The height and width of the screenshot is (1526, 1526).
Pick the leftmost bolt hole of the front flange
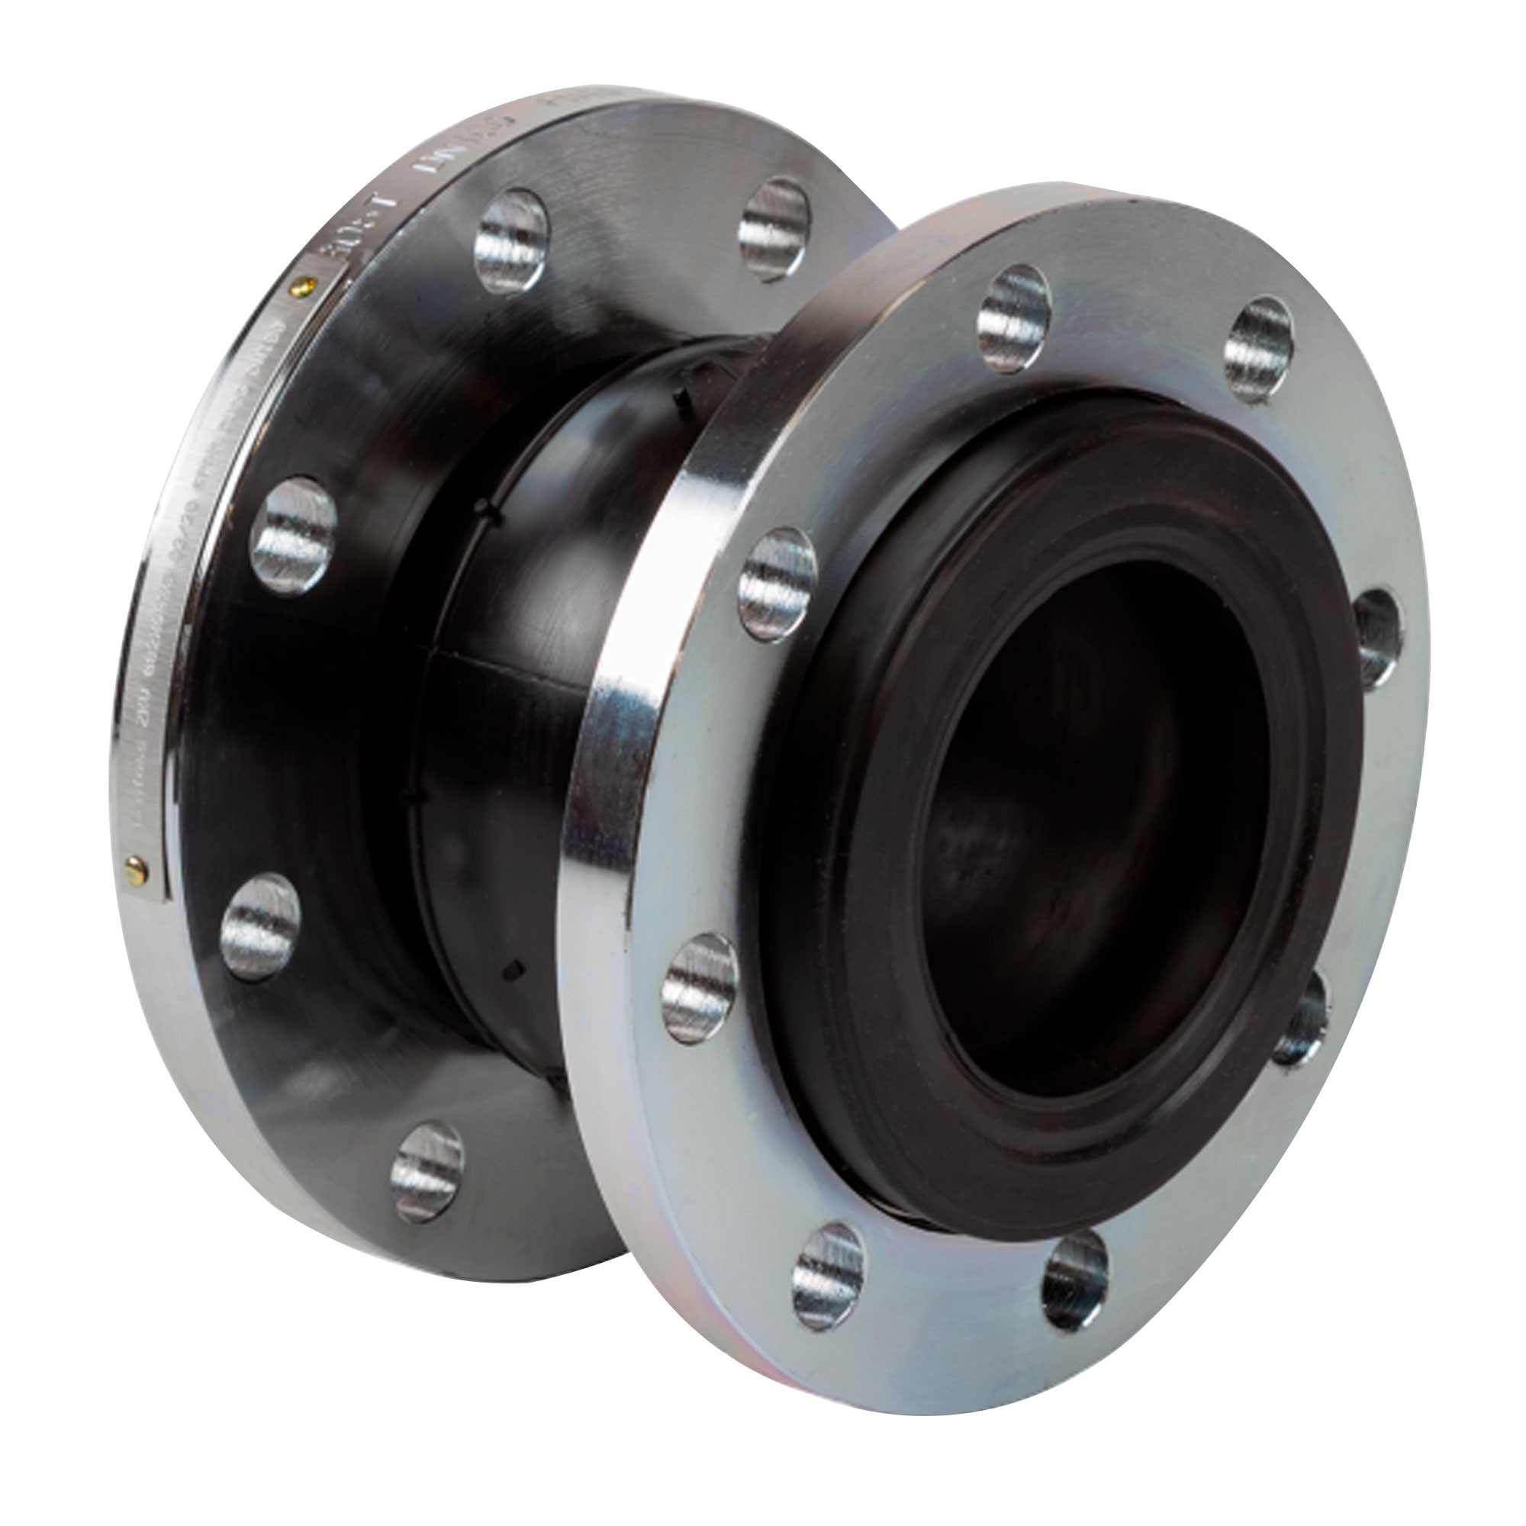[699, 988]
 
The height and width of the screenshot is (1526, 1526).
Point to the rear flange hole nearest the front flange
[774, 229]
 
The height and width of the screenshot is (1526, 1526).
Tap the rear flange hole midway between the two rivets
[293, 525]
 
